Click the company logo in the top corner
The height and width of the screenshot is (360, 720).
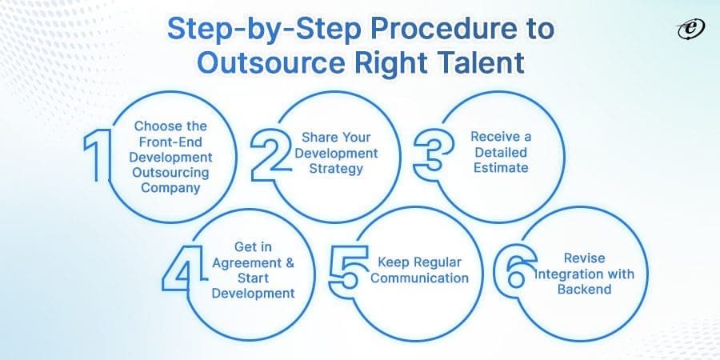click(x=687, y=28)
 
